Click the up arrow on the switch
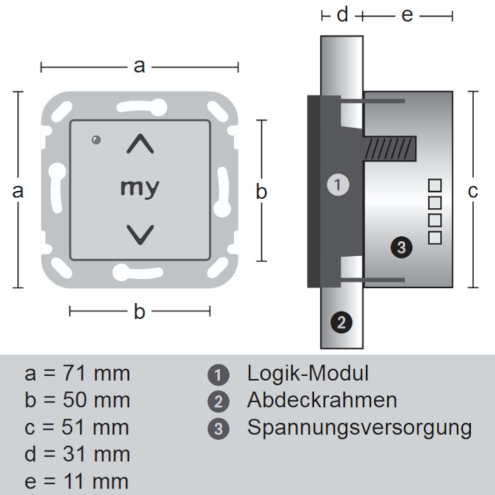click(140, 145)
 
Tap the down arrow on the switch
click(140, 233)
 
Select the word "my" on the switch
click(139, 187)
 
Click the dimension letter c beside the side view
click(473, 192)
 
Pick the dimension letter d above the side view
click(342, 15)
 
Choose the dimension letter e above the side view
click(407, 15)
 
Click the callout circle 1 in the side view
click(338, 184)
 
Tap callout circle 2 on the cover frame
click(341, 322)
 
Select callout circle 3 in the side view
click(401, 247)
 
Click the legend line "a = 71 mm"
click(77, 374)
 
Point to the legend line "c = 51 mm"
click(77, 428)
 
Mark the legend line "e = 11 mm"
click(77, 481)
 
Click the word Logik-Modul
click(308, 373)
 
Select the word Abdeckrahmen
click(322, 400)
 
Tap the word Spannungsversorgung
click(359, 428)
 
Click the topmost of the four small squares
click(436, 184)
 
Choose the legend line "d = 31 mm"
click(77, 455)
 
